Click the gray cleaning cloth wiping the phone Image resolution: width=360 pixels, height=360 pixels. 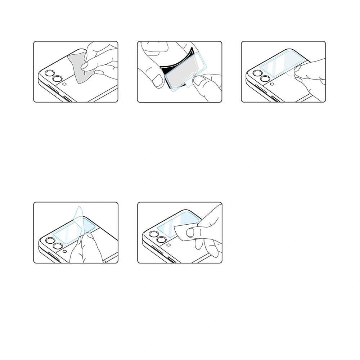(x=77, y=68)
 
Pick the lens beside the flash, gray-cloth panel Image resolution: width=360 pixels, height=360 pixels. (x=57, y=79)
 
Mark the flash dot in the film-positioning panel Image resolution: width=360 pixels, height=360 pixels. (x=272, y=84)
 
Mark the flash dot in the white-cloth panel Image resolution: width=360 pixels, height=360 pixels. (x=168, y=245)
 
